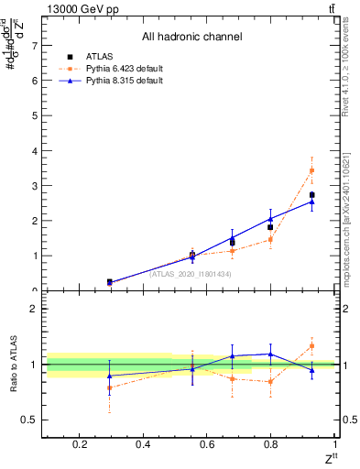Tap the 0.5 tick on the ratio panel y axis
click(x=29, y=420)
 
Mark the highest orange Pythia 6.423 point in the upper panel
click(x=311, y=170)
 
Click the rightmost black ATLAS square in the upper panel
click(x=311, y=195)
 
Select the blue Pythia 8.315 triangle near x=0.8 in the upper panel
click(x=270, y=218)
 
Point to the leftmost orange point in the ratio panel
click(x=110, y=387)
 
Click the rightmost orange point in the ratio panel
click(x=311, y=345)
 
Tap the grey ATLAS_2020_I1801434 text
click(x=191, y=274)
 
